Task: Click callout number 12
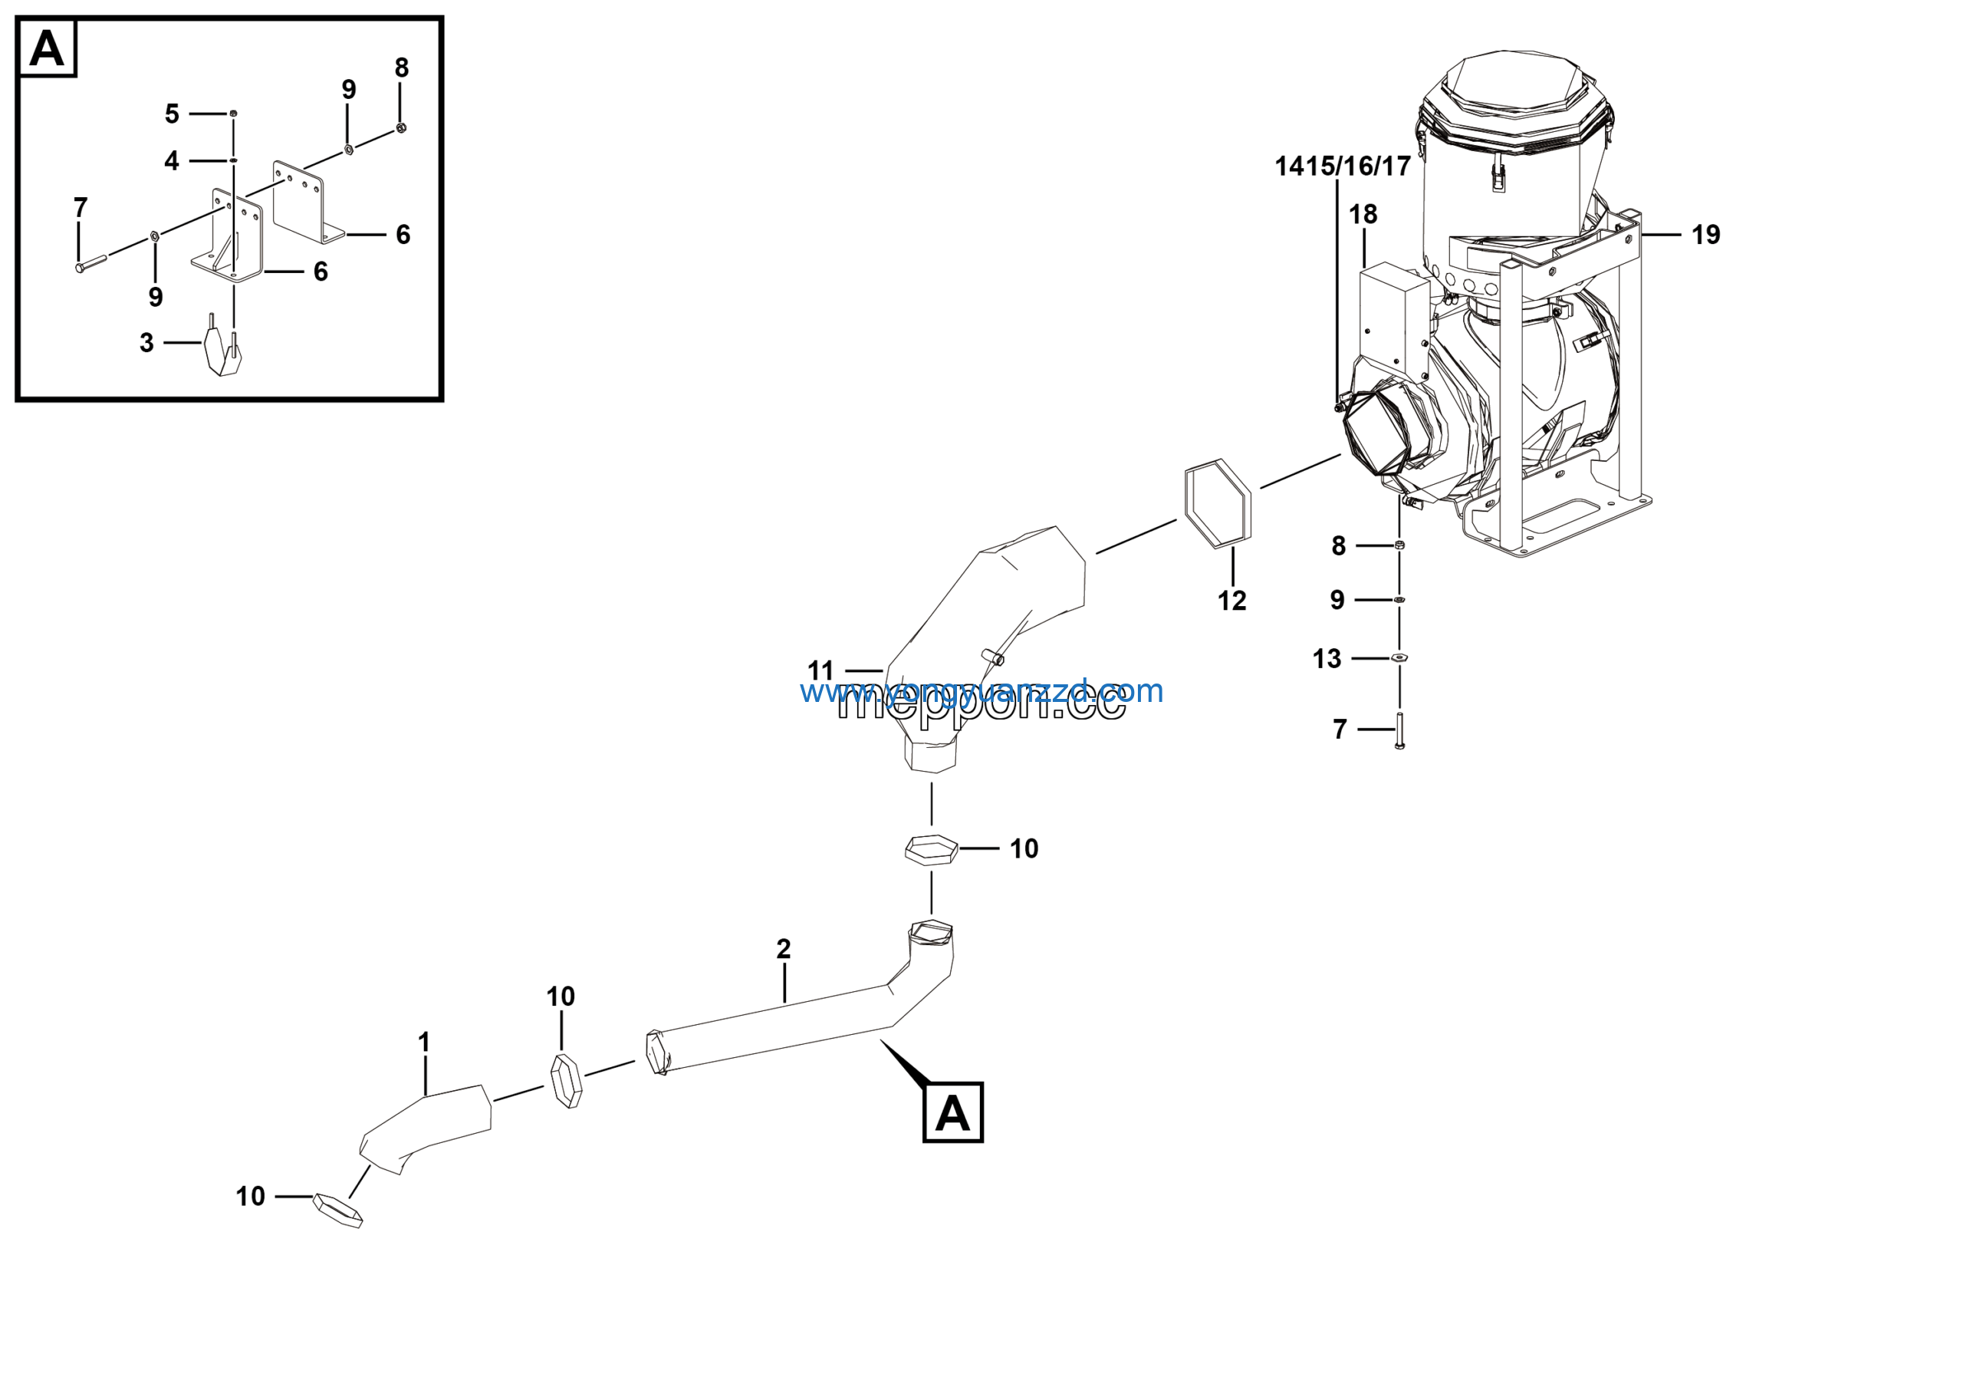(x=1231, y=601)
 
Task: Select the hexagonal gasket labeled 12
(x=1218, y=504)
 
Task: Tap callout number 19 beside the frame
(x=1705, y=236)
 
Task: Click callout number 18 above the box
(x=1363, y=215)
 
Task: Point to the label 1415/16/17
(x=1343, y=166)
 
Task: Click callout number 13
(x=1326, y=658)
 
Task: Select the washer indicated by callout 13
(x=1399, y=657)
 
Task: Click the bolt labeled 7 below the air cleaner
(x=1399, y=730)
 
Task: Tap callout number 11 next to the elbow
(x=820, y=670)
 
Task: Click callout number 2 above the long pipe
(x=783, y=948)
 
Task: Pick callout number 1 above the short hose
(x=424, y=1043)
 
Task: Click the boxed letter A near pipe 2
(x=952, y=1112)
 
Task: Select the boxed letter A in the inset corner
(x=47, y=48)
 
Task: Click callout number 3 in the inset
(x=147, y=343)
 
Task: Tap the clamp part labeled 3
(x=222, y=351)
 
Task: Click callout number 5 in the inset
(x=172, y=114)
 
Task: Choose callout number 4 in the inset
(x=172, y=161)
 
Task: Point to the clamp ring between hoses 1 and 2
(x=565, y=1081)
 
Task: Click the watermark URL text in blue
(x=981, y=691)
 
